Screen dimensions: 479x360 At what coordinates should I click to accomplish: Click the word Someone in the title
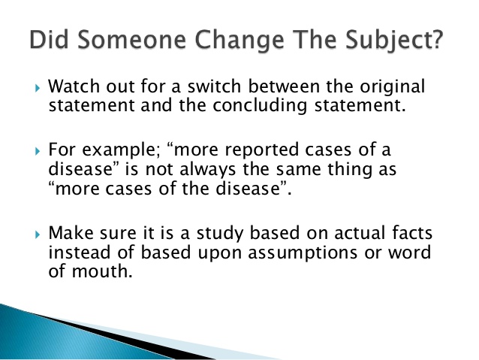(131, 39)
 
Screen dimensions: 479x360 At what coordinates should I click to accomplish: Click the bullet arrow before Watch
(38, 89)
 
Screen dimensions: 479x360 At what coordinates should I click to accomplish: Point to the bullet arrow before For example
(38, 151)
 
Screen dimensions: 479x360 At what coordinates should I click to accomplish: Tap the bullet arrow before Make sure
(38, 234)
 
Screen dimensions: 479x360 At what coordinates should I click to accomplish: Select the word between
(284, 86)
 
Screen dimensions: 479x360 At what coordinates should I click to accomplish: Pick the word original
(392, 87)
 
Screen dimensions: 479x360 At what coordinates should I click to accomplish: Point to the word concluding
(260, 106)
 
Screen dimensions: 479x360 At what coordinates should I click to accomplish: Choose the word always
(207, 170)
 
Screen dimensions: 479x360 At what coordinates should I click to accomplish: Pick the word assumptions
(303, 253)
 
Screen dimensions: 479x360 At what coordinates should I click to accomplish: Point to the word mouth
(102, 271)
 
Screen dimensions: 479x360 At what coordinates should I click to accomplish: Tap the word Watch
(74, 86)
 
